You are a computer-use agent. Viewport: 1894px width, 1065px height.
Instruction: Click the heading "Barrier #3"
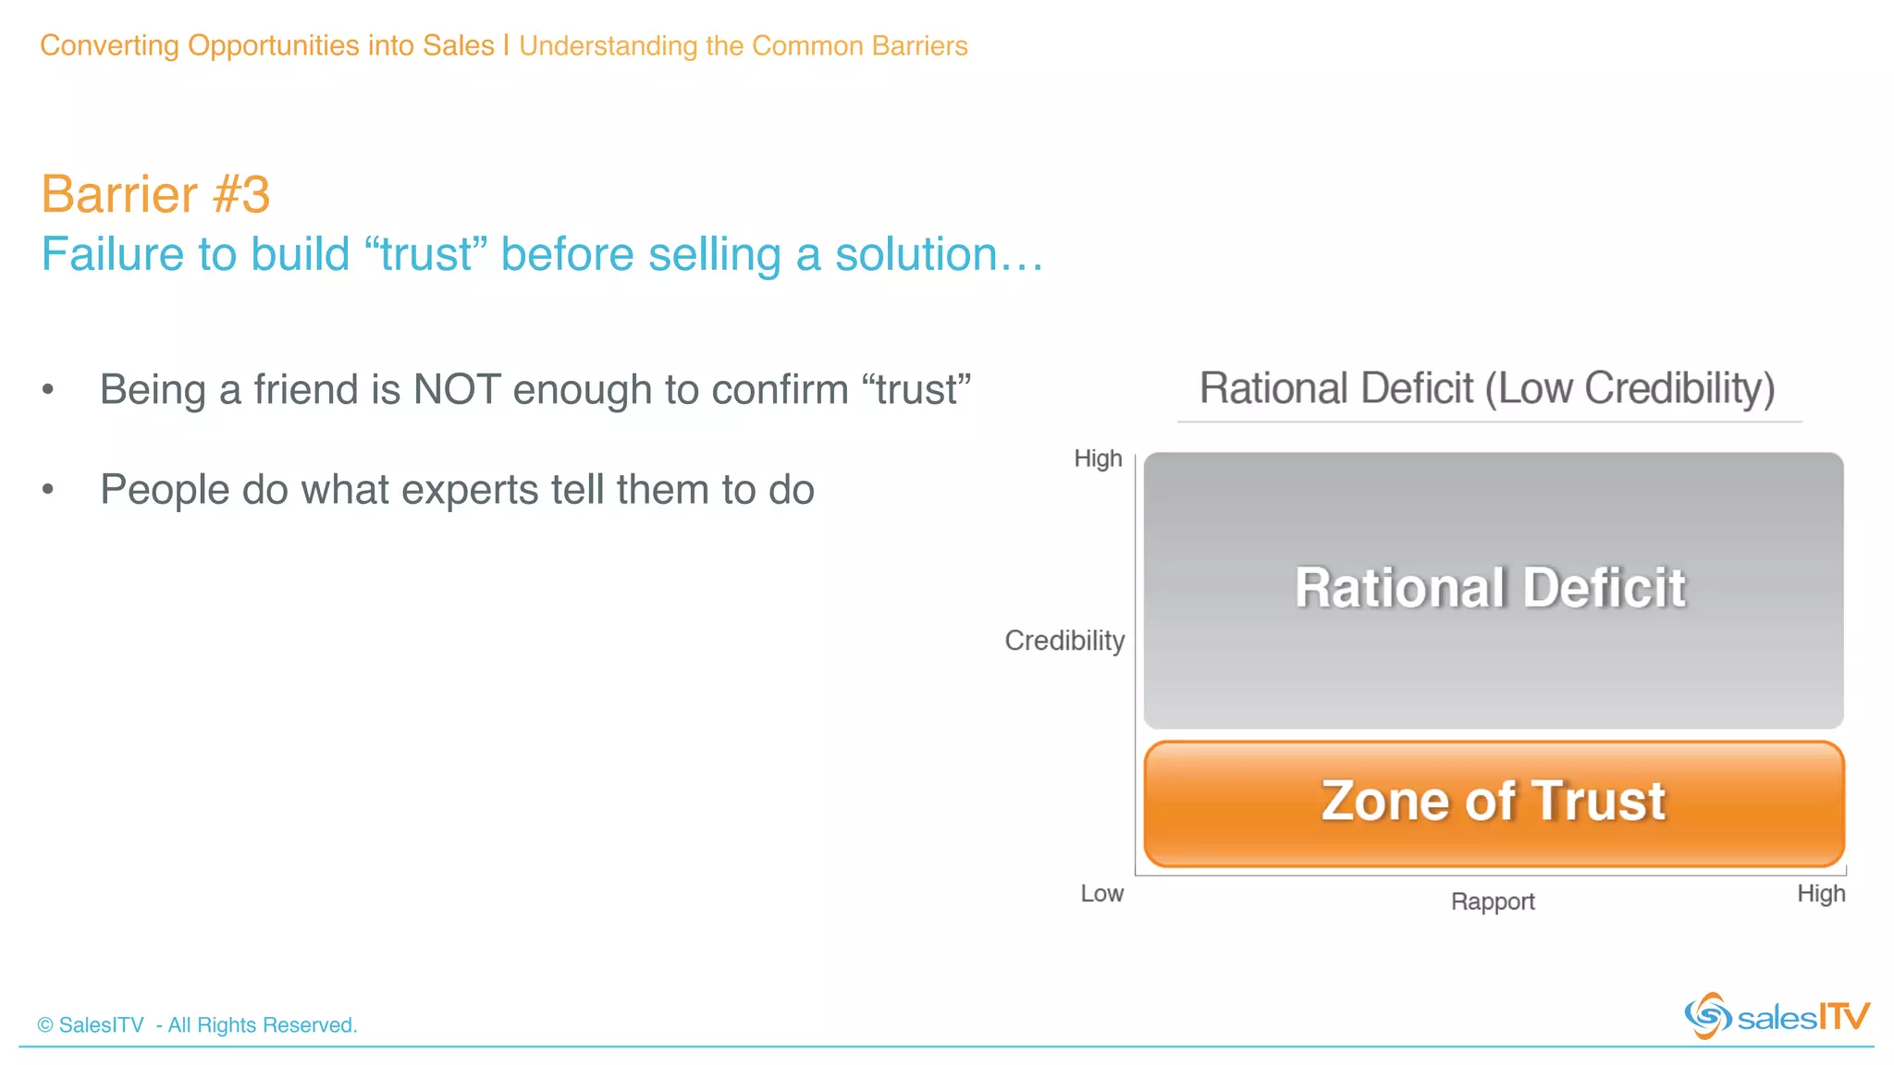[x=155, y=194]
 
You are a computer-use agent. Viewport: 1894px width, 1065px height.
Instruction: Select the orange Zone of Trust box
[x=1494, y=802]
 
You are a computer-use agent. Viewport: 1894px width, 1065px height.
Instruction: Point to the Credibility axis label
[x=1064, y=641]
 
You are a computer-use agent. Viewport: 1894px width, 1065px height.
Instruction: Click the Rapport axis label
[x=1493, y=901]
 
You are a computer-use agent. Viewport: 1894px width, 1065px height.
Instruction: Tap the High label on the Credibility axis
[x=1098, y=459]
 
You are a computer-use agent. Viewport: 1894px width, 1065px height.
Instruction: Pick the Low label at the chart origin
[x=1102, y=894]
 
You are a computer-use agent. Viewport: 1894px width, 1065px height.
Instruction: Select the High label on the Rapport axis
[x=1821, y=894]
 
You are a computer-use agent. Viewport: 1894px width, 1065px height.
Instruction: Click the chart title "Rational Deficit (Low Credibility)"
[x=1487, y=388]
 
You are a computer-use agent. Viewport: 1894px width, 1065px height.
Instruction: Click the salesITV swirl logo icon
[x=1707, y=1016]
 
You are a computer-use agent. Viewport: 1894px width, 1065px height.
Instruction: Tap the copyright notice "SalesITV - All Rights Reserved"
[x=197, y=1025]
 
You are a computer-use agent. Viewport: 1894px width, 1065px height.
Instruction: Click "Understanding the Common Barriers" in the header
[x=743, y=46]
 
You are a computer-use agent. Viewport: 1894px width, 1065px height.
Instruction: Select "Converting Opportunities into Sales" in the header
[x=267, y=45]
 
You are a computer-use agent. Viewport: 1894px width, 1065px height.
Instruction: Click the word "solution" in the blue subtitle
[x=916, y=255]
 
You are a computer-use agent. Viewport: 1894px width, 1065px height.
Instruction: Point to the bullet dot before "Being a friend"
[x=48, y=390]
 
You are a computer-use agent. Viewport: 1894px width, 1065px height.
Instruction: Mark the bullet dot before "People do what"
[x=48, y=490]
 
